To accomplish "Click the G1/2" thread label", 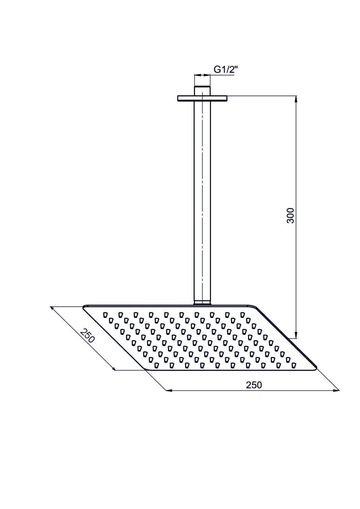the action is click(224, 70).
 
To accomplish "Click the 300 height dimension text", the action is click(291, 216).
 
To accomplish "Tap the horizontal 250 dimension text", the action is click(254, 385).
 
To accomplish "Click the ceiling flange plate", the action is click(202, 98).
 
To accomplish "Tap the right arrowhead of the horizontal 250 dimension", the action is click(336, 391).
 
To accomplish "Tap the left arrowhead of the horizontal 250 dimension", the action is click(170, 391).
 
